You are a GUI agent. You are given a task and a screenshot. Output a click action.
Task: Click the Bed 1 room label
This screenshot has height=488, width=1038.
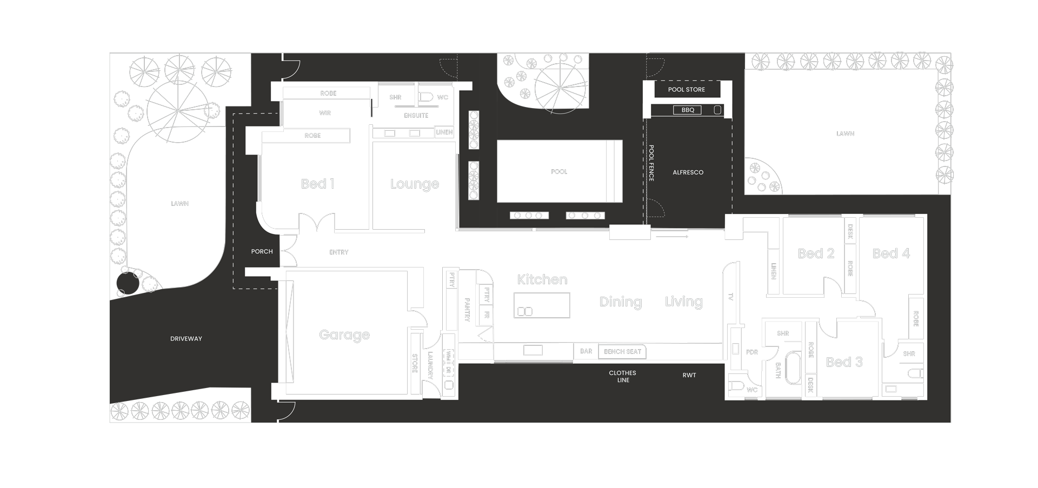point(317,184)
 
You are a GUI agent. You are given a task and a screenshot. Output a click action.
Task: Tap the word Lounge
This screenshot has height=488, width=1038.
point(414,184)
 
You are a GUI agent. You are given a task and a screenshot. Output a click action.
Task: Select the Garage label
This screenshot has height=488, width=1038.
point(344,335)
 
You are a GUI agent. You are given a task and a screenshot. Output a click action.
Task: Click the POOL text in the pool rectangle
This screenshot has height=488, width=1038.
point(559,172)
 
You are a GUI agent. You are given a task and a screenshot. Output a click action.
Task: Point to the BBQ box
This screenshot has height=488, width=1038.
point(688,110)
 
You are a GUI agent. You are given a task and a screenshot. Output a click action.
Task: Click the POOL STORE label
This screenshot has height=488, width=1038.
point(686,90)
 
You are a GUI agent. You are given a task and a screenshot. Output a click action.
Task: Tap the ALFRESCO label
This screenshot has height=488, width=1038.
point(688,172)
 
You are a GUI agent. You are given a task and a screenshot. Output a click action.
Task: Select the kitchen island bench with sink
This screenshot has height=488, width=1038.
point(542,305)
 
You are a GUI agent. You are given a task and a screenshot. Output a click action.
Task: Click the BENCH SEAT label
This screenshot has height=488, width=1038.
point(622,352)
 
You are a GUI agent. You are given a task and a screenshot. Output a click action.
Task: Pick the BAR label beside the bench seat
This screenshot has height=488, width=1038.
point(586,351)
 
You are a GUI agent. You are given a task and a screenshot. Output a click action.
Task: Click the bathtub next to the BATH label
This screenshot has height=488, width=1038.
point(793,368)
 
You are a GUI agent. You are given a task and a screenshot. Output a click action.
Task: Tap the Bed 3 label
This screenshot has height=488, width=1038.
point(844,362)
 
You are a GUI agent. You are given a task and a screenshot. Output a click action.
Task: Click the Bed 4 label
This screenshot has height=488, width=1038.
point(891,253)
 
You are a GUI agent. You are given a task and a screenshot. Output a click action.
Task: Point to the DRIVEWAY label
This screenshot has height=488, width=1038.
point(186,339)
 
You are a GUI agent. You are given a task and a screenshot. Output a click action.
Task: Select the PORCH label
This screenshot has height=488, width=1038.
point(262,252)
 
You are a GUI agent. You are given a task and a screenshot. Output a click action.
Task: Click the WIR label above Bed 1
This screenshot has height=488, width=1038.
point(324,113)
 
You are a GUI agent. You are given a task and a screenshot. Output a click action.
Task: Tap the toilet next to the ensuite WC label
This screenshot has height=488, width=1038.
point(426,97)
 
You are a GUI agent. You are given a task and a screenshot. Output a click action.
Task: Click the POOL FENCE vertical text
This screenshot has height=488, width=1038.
point(651,163)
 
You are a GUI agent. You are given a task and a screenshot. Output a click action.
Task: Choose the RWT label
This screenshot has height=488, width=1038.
point(689,375)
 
